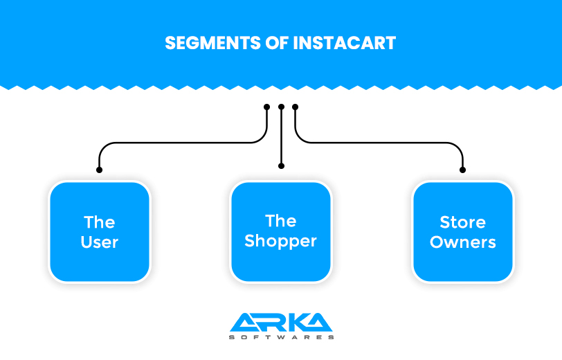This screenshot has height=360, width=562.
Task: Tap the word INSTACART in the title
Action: tap(344, 43)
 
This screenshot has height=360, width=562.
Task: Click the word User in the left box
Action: tap(100, 242)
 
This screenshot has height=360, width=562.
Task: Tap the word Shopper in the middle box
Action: tap(281, 241)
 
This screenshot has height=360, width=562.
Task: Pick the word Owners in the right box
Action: tap(463, 242)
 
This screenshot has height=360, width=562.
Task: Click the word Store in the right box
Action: tap(463, 222)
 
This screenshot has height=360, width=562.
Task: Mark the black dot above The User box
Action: tap(100, 170)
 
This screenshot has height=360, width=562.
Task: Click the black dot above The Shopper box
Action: tap(281, 166)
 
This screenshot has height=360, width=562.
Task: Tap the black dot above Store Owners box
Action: tap(463, 170)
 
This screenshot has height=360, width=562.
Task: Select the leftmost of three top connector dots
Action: tap(267, 107)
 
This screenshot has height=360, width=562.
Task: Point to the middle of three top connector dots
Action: tap(281, 107)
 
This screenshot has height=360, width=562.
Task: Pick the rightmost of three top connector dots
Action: tap(296, 107)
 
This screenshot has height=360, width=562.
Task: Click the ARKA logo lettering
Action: tap(281, 322)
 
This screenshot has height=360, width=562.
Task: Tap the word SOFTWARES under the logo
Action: tap(281, 337)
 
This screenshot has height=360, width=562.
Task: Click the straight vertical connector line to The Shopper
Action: tap(281, 138)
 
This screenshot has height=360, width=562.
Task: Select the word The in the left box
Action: tap(100, 222)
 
